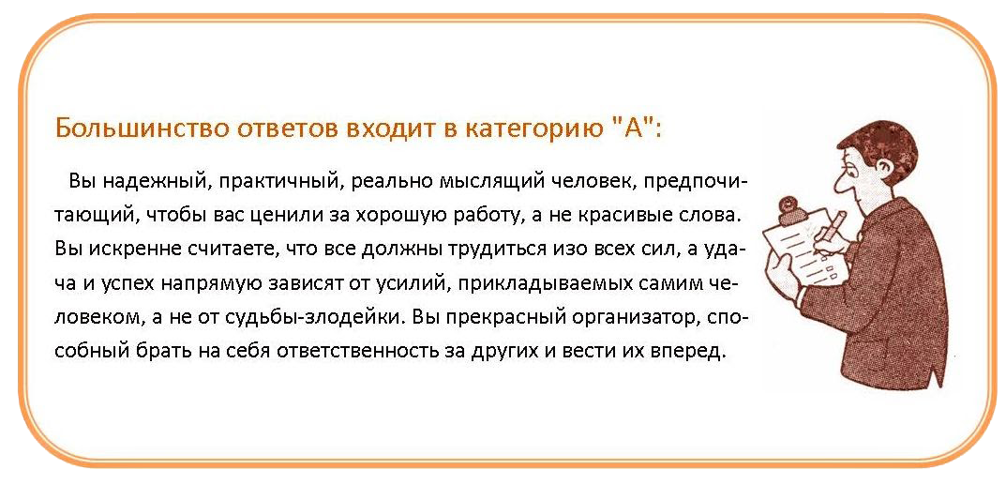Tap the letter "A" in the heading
[628, 127]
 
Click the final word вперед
[688, 352]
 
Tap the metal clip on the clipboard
[786, 209]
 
